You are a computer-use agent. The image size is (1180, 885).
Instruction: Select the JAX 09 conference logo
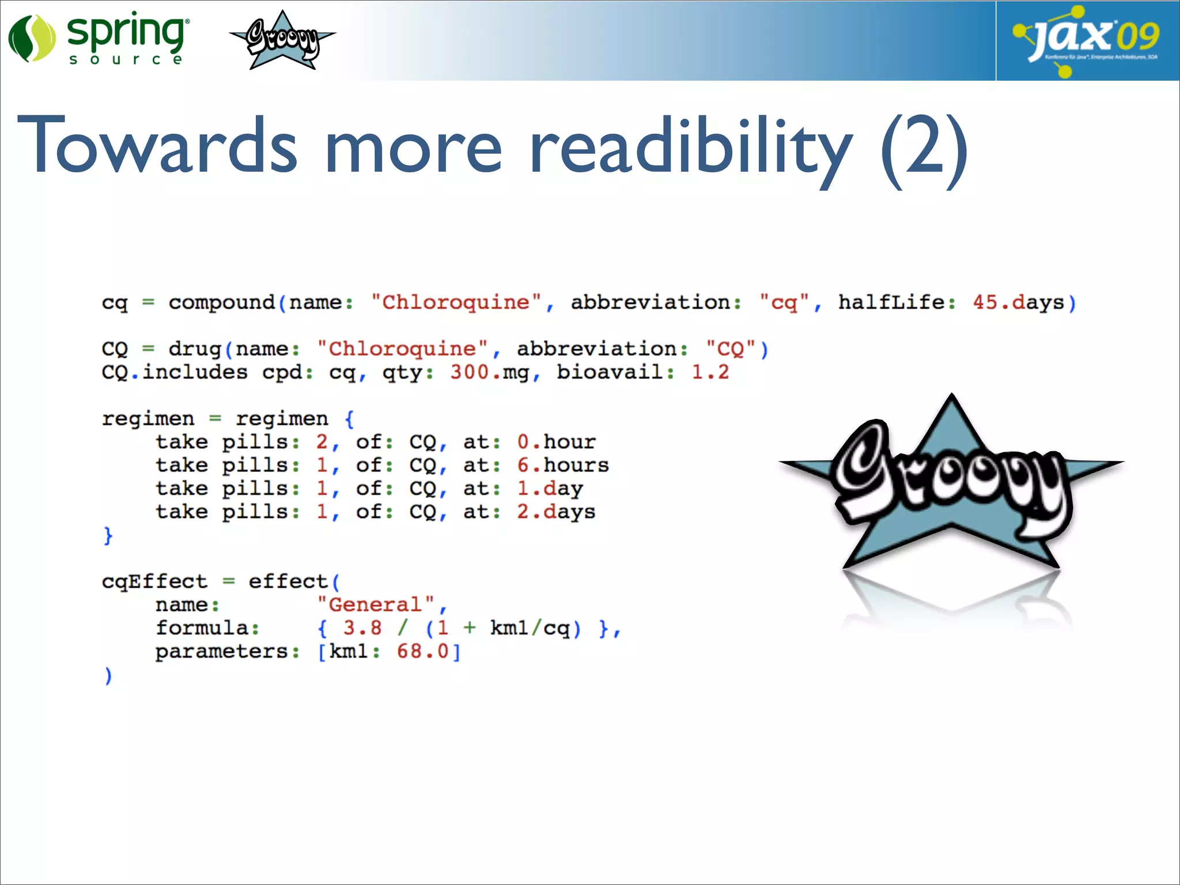click(x=1087, y=40)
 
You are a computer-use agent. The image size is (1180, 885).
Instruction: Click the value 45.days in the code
click(x=1018, y=302)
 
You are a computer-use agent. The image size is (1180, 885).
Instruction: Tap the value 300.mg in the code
click(x=489, y=373)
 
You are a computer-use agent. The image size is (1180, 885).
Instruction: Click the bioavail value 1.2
click(x=710, y=373)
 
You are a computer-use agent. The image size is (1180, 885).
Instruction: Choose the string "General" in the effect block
click(x=375, y=605)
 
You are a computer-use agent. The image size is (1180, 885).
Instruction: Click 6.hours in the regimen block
click(x=562, y=466)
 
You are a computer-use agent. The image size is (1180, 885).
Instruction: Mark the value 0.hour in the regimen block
click(x=556, y=442)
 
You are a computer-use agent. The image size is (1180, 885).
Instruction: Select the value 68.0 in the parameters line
click(x=422, y=652)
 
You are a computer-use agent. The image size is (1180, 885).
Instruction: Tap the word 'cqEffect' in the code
click(x=154, y=581)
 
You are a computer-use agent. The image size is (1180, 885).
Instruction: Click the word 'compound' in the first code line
click(x=222, y=302)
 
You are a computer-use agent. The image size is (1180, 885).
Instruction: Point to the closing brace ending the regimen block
click(x=108, y=536)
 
